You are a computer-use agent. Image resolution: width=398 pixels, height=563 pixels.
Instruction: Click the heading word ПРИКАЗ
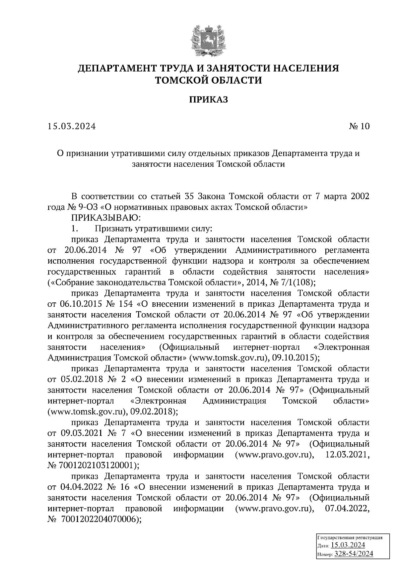point(209,99)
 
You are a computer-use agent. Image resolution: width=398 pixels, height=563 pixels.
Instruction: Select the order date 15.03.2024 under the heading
point(71,126)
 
